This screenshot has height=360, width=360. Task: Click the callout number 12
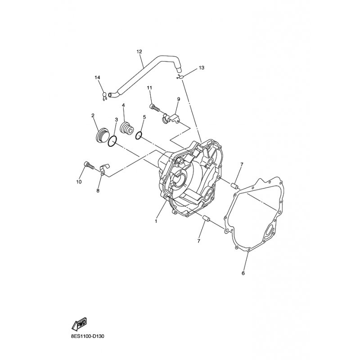(x=139, y=51)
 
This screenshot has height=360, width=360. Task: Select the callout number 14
(x=97, y=77)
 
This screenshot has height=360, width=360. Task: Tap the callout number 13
(x=201, y=68)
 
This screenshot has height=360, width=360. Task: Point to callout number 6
(x=243, y=273)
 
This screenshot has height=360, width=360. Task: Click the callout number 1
(x=156, y=221)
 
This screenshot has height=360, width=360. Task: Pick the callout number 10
(x=79, y=182)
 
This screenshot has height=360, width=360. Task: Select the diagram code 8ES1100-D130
(x=88, y=337)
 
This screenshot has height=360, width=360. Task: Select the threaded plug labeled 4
(x=127, y=129)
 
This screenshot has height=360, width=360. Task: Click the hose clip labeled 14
(x=104, y=97)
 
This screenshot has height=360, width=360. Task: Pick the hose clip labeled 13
(x=180, y=77)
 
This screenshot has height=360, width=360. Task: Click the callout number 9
(x=179, y=99)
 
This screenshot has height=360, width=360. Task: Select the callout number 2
(x=93, y=116)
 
